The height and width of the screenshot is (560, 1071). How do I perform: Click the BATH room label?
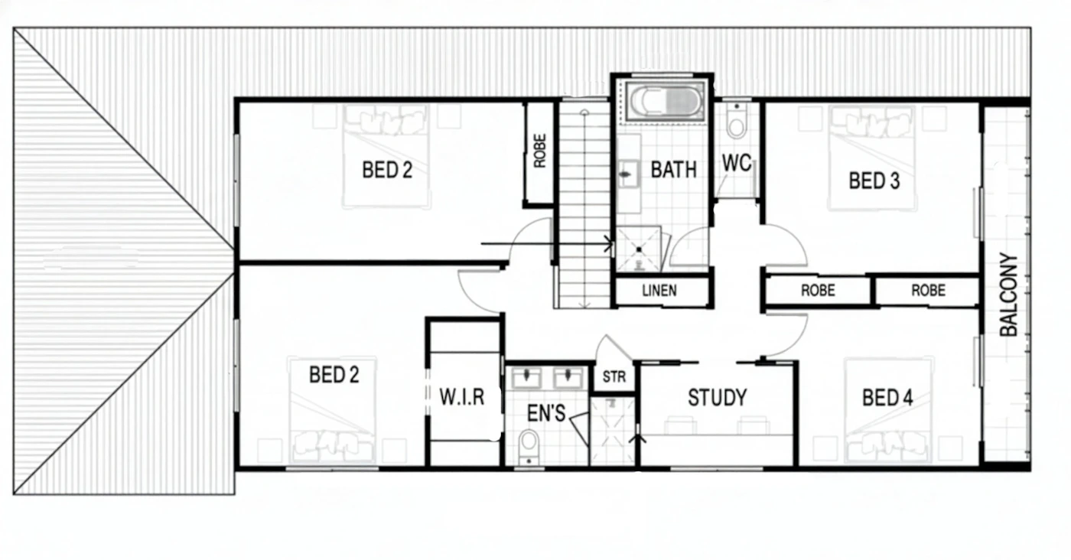(x=673, y=170)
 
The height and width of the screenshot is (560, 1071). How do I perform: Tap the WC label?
(x=736, y=163)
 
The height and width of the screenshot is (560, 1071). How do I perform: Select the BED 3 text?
(x=874, y=181)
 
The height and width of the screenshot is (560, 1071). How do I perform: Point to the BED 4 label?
(x=887, y=398)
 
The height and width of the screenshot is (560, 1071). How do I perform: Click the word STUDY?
(x=718, y=398)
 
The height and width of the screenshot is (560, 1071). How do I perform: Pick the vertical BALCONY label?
(x=1009, y=295)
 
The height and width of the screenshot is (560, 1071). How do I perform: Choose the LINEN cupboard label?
(x=659, y=290)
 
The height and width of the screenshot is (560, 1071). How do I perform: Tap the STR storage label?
(x=614, y=377)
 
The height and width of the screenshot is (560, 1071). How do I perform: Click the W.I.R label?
(x=462, y=397)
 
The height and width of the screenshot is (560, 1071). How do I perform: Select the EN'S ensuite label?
(x=546, y=413)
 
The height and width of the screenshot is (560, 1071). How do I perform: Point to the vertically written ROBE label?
(x=539, y=151)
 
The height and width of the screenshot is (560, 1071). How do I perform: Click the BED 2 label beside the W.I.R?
(x=334, y=375)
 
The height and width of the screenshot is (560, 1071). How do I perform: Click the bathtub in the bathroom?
(x=666, y=102)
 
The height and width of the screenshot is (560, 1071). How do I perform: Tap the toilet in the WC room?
(x=736, y=122)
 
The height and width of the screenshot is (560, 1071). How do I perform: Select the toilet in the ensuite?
(x=529, y=446)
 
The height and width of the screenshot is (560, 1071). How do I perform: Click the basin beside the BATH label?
(x=627, y=174)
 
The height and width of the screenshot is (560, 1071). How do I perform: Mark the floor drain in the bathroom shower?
(x=639, y=249)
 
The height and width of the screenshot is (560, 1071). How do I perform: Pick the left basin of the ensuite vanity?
(x=526, y=378)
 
